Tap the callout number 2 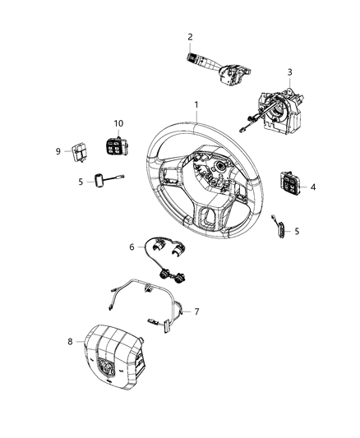[190, 36]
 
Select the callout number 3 [288, 72]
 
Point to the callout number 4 [313, 187]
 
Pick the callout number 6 [130, 247]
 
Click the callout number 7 [196, 312]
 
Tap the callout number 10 [118, 123]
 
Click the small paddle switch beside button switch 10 [99, 181]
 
